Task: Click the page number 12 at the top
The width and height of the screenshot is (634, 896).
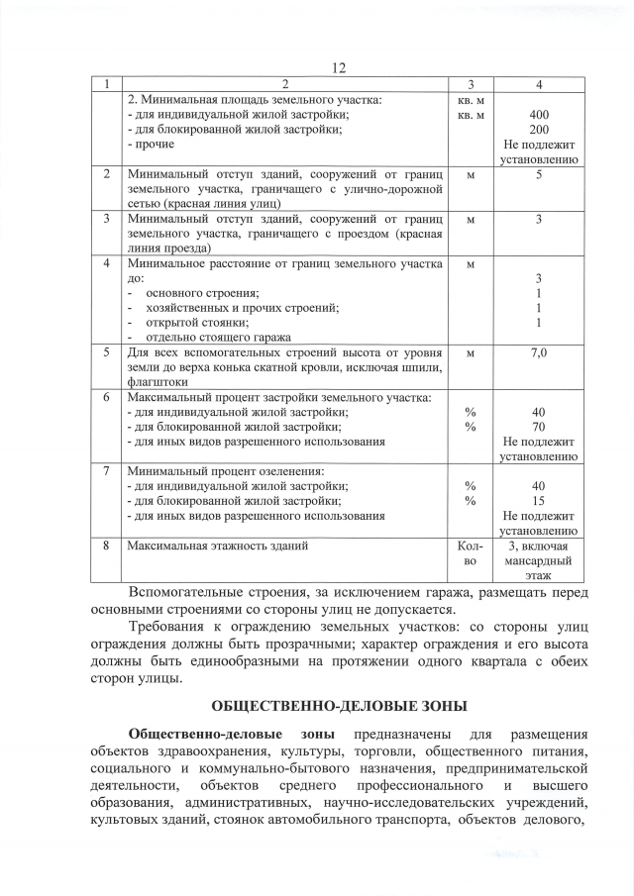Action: point(339,67)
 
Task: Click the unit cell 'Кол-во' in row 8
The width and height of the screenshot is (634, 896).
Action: point(471,552)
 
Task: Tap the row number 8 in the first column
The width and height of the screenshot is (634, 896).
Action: point(106,546)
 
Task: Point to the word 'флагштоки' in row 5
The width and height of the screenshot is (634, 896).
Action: point(158,380)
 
